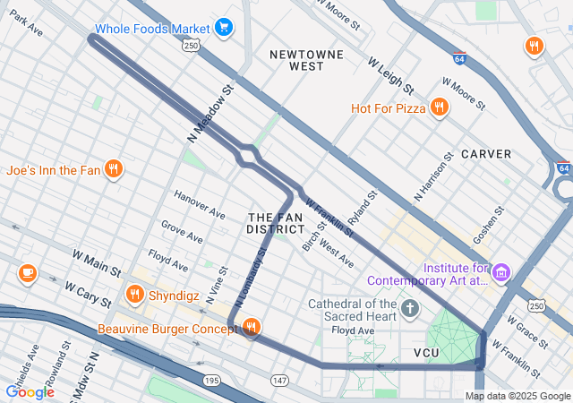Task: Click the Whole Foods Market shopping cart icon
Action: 224,28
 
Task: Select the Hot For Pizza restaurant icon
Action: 439,108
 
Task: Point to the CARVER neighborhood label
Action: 486,154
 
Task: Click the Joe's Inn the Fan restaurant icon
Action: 113,168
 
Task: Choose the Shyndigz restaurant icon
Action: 135,293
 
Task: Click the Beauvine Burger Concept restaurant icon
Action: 252,328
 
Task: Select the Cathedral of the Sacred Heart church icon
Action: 410,310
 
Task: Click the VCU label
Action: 427,353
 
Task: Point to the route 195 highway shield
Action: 211,382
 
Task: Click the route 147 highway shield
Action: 280,382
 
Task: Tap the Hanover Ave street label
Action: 199,205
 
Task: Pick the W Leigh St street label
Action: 390,76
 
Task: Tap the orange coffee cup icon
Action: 27,272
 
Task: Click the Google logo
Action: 30,391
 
